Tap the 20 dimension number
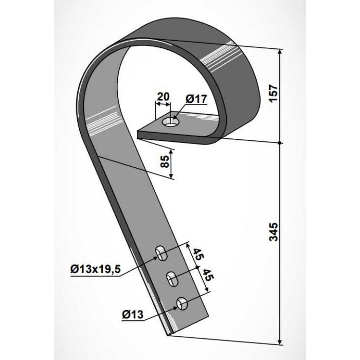[163, 96]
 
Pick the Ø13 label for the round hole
[133, 315]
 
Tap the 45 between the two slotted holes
[197, 255]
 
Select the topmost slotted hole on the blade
[161, 253]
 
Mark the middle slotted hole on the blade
[172, 279]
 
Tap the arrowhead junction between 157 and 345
[281, 142]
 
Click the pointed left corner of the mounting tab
[139, 135]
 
